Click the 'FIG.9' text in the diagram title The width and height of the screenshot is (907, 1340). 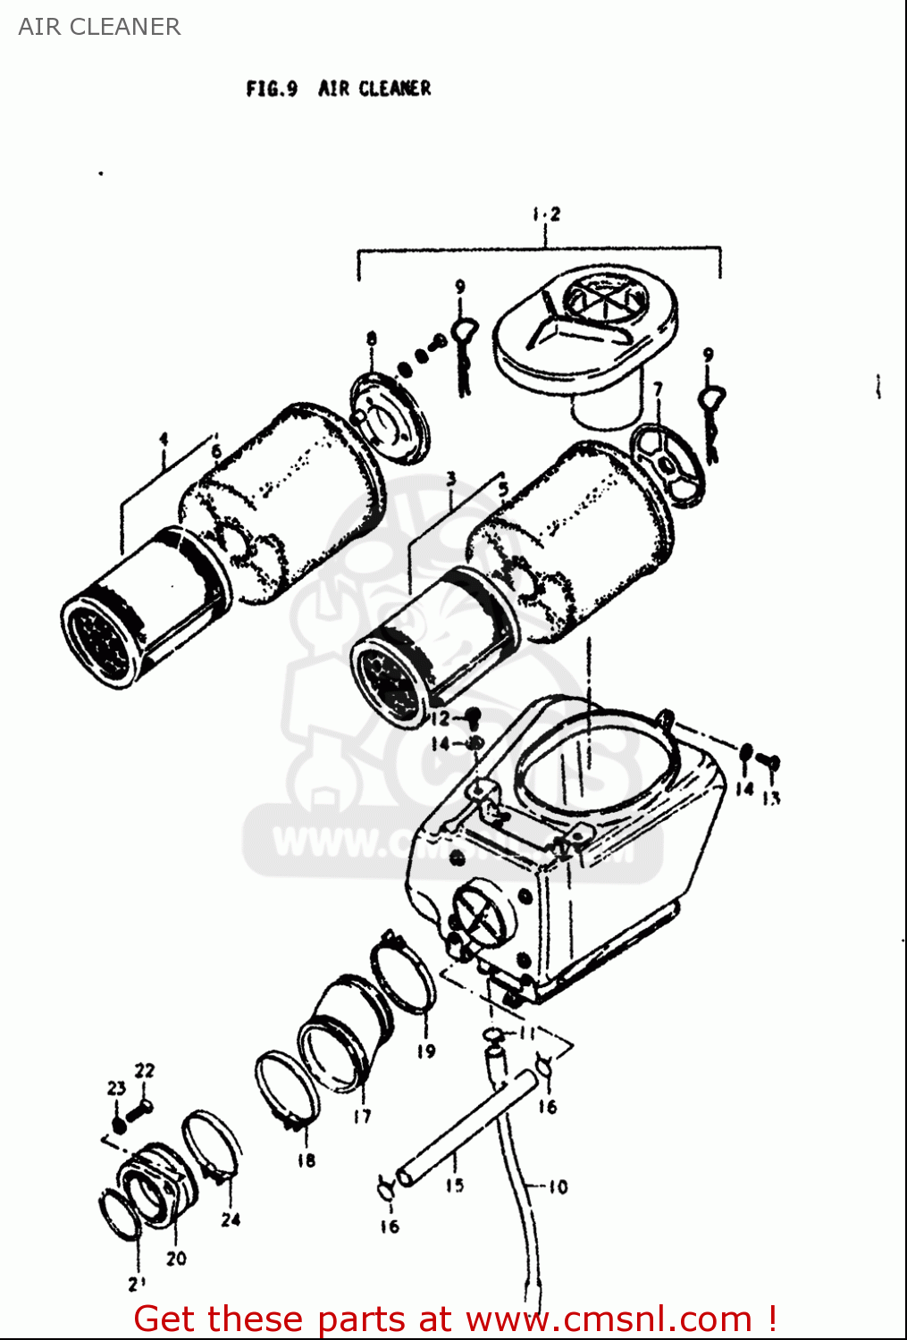click(272, 88)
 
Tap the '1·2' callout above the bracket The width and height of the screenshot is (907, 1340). click(545, 214)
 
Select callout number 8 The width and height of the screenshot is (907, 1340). click(371, 339)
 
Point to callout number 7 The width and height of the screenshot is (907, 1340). click(658, 389)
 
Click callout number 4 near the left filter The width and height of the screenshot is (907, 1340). click(164, 439)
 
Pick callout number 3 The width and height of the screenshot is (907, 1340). click(451, 480)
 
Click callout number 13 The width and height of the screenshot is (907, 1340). click(771, 797)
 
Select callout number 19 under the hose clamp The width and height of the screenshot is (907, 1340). click(426, 1051)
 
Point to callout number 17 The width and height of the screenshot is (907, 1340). click(362, 1116)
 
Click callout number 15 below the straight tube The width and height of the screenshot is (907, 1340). click(455, 1185)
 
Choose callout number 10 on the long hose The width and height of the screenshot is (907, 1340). click(558, 1187)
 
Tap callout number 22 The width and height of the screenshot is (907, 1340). click(144, 1070)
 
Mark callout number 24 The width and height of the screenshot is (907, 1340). click(231, 1219)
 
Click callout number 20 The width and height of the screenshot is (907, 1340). click(176, 1258)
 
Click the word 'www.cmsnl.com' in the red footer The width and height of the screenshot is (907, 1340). click(609, 1319)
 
